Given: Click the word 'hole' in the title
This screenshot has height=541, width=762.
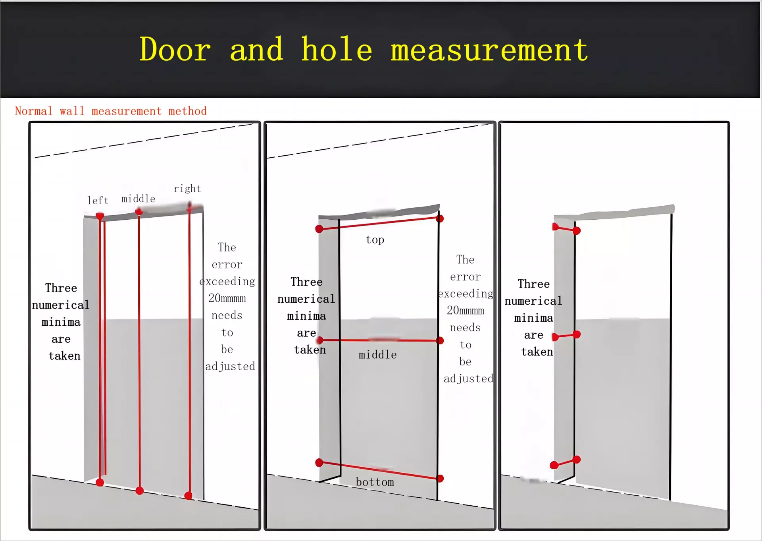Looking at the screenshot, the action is point(337,49).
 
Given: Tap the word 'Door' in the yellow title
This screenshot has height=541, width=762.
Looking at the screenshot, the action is point(175,49).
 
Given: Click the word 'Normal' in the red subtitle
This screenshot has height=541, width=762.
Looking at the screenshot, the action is point(34,111).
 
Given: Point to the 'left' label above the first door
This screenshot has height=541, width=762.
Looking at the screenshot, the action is point(98,200).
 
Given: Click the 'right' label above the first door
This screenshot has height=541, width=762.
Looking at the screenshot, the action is point(187,189).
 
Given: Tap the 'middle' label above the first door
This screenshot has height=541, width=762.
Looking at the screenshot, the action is point(138,199).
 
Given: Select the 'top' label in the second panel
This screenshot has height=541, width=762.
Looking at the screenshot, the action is point(375,240).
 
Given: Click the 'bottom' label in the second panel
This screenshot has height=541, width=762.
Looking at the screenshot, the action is point(375,482).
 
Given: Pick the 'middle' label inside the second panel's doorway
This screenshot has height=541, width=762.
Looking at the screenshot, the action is point(378,355).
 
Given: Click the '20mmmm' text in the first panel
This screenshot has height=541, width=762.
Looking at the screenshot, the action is point(227,298).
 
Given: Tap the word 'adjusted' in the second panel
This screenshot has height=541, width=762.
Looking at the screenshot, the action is point(468,379).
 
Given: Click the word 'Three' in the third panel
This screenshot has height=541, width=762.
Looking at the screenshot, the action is point(534,284).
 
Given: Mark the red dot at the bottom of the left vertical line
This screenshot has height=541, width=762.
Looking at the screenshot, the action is point(100,483).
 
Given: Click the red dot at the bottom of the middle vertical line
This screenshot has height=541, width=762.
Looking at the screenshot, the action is point(139,491).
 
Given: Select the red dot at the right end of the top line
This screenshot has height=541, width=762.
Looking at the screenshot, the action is point(440,218).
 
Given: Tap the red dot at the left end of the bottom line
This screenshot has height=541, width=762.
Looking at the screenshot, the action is point(319,462).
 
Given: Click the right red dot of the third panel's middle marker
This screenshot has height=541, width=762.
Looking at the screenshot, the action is point(577,335).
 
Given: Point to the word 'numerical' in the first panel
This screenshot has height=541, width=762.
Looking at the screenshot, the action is point(61,305).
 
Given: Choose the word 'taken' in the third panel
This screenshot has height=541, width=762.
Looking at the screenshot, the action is point(537,352).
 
